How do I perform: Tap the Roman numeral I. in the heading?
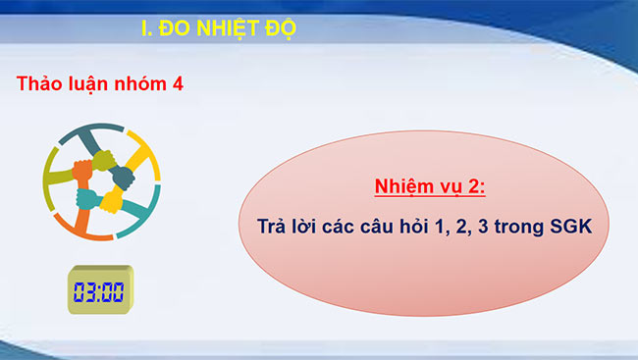tap(148, 28)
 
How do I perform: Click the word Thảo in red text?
tap(40, 84)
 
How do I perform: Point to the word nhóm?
tap(139, 84)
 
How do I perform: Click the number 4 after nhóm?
tap(178, 84)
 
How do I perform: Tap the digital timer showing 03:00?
tap(99, 290)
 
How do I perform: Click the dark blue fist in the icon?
tap(122, 177)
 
